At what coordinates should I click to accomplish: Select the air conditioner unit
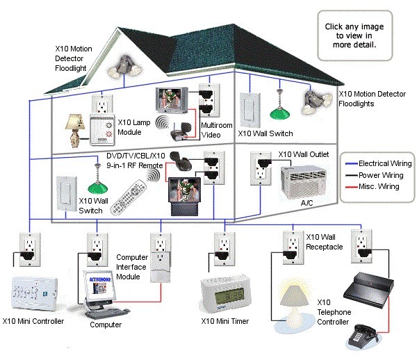[x=304, y=182]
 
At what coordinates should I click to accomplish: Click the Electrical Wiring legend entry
[x=379, y=164]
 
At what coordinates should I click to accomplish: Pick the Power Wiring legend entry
[x=379, y=176]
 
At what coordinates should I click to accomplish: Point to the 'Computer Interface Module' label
[x=133, y=267]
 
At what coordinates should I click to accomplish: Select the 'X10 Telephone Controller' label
[x=336, y=313]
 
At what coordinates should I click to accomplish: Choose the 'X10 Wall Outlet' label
[x=304, y=154]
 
